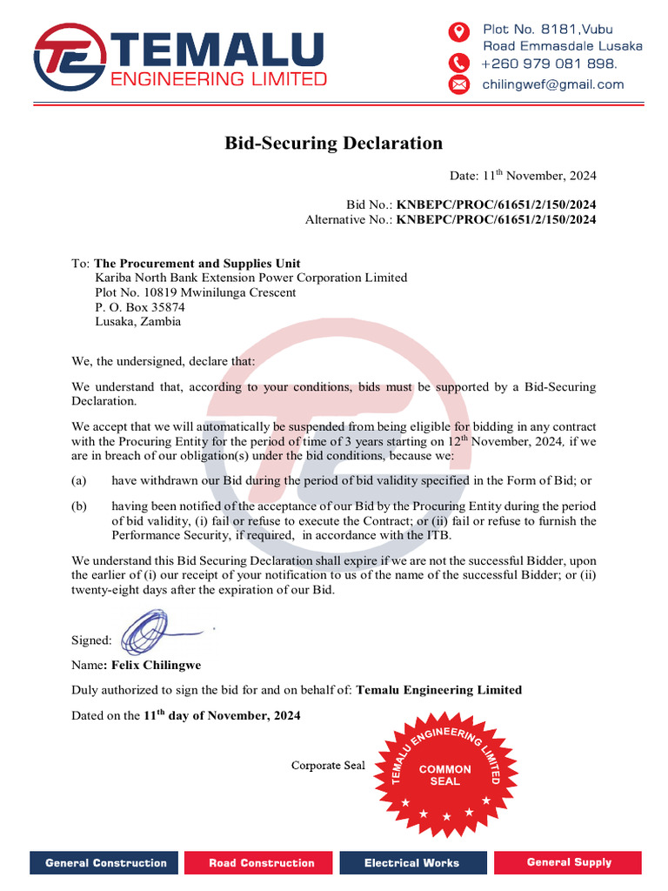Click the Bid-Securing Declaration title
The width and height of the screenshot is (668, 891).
(334, 144)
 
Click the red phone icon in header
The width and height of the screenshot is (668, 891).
(458, 63)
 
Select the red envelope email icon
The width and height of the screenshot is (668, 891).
(458, 84)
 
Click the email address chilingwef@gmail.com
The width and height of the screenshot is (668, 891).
(553, 84)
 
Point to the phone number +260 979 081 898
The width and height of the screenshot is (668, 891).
(550, 64)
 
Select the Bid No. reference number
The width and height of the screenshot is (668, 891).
(497, 204)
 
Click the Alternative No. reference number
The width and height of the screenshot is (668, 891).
(497, 219)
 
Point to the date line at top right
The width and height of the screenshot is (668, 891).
(523, 176)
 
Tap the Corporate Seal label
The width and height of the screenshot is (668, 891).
(328, 766)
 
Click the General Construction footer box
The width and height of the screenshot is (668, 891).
(106, 863)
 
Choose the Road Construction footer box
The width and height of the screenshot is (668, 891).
(262, 863)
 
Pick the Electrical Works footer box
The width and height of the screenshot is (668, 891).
(411, 863)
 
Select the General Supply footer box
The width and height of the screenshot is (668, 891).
(569, 862)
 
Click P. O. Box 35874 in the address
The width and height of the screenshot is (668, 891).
(140, 307)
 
